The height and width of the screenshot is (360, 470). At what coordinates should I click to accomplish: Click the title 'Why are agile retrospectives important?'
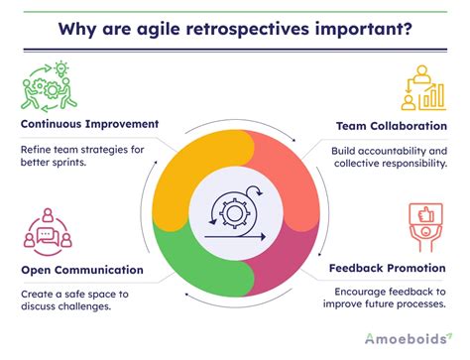pyautogui.click(x=235, y=24)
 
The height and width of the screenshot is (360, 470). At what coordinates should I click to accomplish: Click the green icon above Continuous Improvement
pyautogui.click(x=46, y=86)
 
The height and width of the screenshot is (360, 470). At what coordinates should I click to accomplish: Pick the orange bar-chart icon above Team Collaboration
pyautogui.click(x=422, y=87)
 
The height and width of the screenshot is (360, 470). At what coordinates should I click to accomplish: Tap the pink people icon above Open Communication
pyautogui.click(x=46, y=230)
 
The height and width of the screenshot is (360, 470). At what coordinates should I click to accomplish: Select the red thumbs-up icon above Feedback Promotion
pyautogui.click(x=424, y=227)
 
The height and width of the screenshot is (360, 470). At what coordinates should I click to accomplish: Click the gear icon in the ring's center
pyautogui.click(x=236, y=207)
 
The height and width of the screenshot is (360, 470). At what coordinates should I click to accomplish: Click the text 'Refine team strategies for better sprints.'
pyautogui.click(x=82, y=158)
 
